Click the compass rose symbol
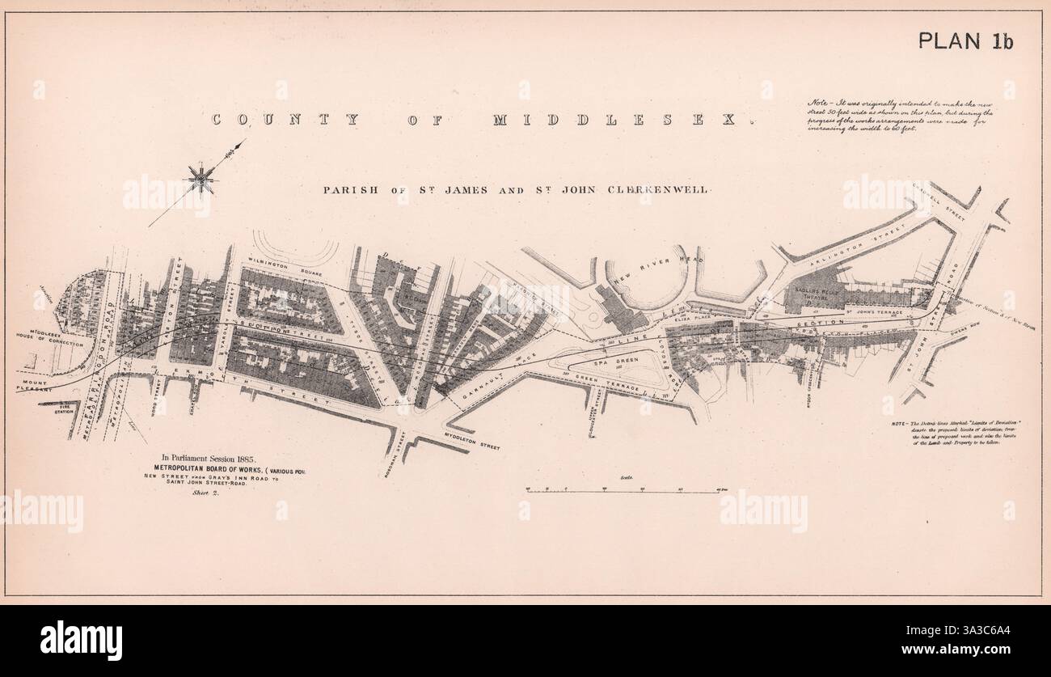click(200, 177)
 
